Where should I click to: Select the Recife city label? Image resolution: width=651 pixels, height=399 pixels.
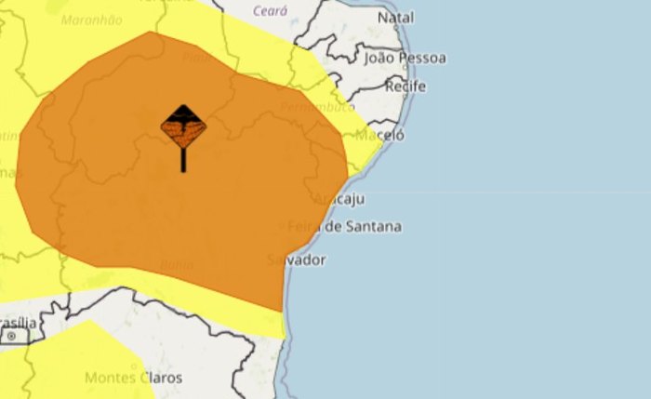406,86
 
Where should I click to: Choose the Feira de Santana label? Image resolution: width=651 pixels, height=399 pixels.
345,226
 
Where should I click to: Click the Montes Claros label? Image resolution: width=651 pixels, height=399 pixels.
134,378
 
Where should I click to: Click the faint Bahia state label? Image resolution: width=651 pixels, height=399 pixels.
177,265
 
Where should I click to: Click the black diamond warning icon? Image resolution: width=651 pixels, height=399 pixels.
183,127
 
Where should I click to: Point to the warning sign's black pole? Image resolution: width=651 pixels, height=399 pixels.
183,160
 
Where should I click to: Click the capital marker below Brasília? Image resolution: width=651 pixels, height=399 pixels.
14,337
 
